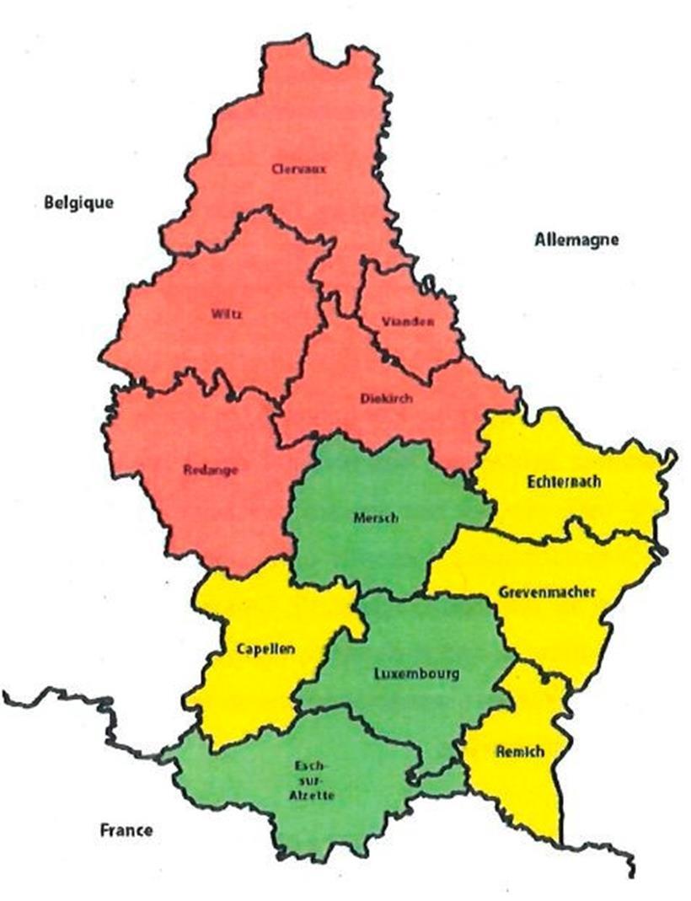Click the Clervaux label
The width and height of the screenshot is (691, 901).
[299, 169]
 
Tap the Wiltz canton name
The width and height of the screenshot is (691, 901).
[228, 315]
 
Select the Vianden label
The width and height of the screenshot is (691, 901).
[407, 322]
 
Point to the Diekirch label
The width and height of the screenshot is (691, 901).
[387, 399]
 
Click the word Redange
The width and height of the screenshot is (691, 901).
[211, 470]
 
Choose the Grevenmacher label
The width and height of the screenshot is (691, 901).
[547, 592]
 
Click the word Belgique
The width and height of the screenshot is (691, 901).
[78, 202]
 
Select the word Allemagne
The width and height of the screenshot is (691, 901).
[576, 239]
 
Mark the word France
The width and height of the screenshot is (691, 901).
[126, 830]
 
